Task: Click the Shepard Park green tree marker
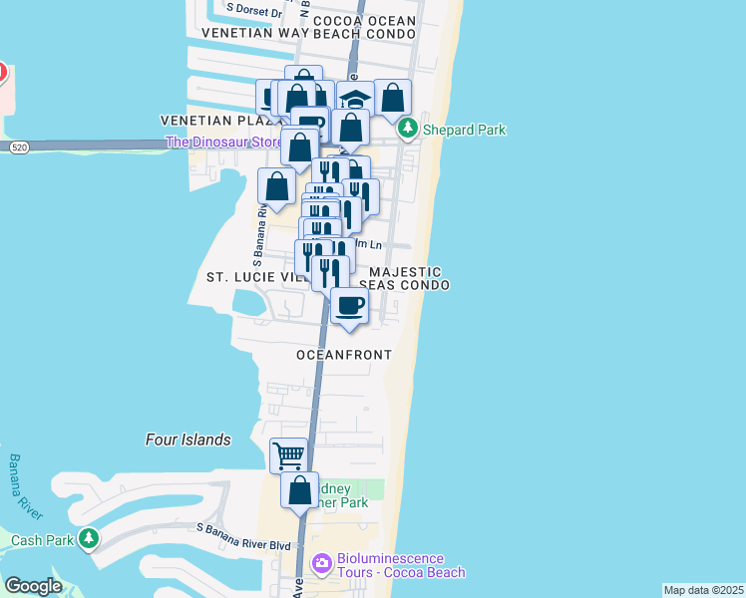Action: pos(408,130)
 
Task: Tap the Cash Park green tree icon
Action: pos(90,539)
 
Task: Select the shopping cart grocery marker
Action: pos(288,455)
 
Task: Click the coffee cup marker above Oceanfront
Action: pos(348,306)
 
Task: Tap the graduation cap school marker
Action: pos(354,99)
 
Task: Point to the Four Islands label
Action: pos(187,440)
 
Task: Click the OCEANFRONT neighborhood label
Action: pos(344,355)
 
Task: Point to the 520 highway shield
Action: pos(18,148)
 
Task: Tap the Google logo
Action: pos(33,586)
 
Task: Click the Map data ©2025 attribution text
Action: pos(703,590)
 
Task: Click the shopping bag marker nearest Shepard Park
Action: pos(393,98)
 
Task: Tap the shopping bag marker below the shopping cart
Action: pos(299,490)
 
